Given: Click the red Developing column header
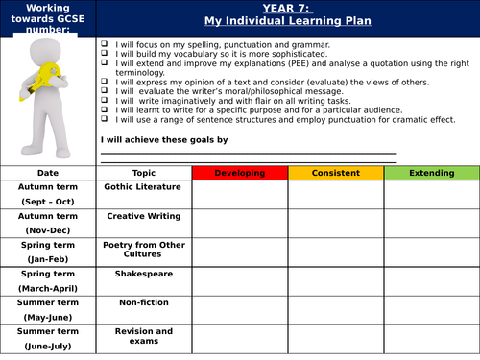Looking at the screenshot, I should coord(240,173).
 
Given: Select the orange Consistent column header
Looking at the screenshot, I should coord(336,173).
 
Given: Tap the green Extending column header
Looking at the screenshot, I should coord(431,173).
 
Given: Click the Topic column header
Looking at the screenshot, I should coord(144,173).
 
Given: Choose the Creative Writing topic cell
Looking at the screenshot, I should coord(144,216).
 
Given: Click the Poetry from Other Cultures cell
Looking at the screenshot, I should coord(144,249).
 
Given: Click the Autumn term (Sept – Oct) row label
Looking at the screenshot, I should coord(48,194).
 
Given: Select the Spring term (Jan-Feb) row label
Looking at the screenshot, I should coord(48,252).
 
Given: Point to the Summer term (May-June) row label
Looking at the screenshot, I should coord(48,310).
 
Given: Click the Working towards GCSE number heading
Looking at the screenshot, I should coord(48,19).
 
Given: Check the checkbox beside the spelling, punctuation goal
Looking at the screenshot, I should coord(103,45).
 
